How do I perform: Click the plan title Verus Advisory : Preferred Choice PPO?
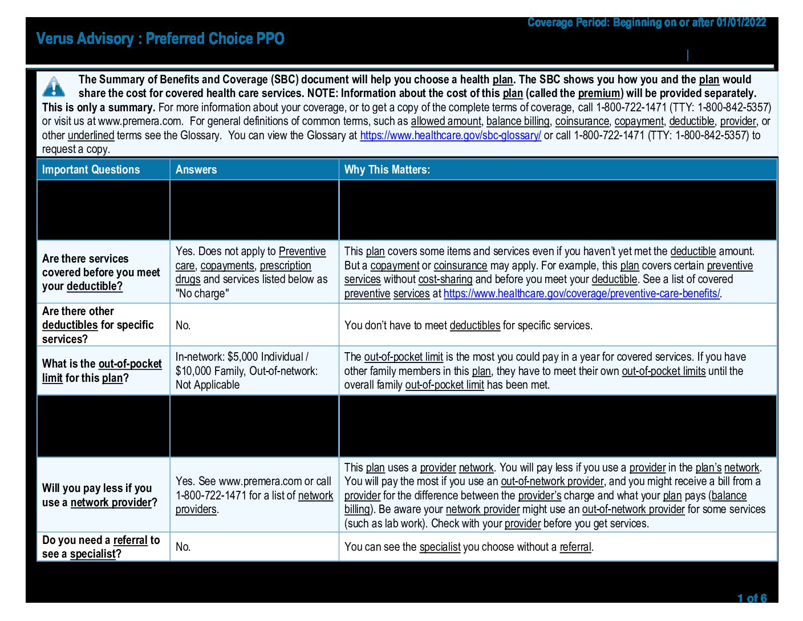pyautogui.click(x=160, y=39)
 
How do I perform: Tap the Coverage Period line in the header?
pyautogui.click(x=646, y=23)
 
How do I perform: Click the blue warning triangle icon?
pyautogui.click(x=54, y=86)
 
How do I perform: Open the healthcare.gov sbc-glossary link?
pyautogui.click(x=450, y=135)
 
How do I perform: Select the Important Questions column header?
pyautogui.click(x=91, y=170)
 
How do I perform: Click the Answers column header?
pyautogui.click(x=196, y=170)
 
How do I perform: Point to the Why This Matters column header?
pyautogui.click(x=387, y=170)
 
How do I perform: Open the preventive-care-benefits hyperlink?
pyautogui.click(x=581, y=293)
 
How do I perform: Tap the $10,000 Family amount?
pyautogui.click(x=209, y=371)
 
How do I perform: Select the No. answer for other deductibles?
pyautogui.click(x=183, y=325)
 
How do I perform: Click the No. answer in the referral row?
pyautogui.click(x=183, y=547)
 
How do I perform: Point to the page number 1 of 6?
pyautogui.click(x=752, y=598)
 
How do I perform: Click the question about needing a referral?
pyautogui.click(x=100, y=547)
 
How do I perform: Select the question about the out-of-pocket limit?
pyautogui.click(x=102, y=371)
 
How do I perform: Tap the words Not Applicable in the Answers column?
pyautogui.click(x=208, y=385)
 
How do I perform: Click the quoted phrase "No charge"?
pyautogui.click(x=202, y=293)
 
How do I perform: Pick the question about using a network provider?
pyautogui.click(x=99, y=495)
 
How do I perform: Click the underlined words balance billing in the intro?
pyautogui.click(x=518, y=121)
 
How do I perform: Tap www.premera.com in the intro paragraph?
pyautogui.click(x=140, y=121)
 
